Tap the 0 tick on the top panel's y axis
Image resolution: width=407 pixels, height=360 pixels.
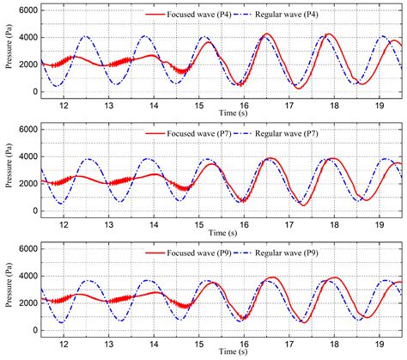pos(34,92)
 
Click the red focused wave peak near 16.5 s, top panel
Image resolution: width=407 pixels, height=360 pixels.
pos(267,34)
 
